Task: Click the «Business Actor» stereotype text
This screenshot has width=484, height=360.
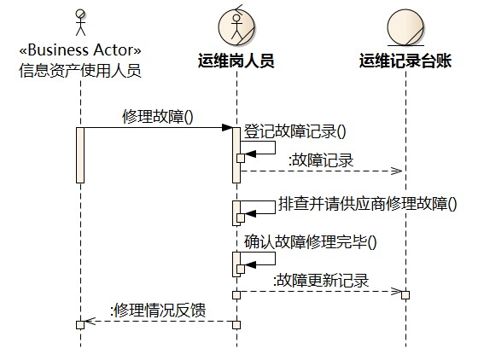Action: (x=80, y=50)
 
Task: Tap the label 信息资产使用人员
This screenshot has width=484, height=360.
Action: (x=80, y=70)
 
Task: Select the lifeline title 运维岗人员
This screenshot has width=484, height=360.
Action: (x=236, y=61)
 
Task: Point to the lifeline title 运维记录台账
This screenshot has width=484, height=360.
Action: (x=405, y=61)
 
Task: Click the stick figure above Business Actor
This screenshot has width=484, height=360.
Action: (x=80, y=22)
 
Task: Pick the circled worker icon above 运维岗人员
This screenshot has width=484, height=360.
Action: (x=236, y=26)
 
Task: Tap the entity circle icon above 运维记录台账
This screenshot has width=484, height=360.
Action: (x=405, y=28)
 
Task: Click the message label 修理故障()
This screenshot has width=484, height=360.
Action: (x=158, y=117)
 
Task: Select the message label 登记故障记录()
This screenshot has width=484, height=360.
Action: (x=295, y=131)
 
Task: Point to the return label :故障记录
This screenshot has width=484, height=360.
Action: (x=321, y=160)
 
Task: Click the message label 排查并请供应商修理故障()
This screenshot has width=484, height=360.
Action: (x=368, y=204)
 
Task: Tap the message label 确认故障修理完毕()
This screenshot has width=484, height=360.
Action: (x=311, y=242)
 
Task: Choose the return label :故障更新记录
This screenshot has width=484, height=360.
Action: (x=321, y=281)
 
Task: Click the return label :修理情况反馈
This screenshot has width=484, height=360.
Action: (x=158, y=311)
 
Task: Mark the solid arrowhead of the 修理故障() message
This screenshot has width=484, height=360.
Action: (x=227, y=127)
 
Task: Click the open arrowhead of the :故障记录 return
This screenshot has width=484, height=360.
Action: (x=397, y=171)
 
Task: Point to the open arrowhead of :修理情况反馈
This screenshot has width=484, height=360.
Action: (x=90, y=321)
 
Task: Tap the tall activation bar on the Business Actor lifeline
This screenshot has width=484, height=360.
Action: (x=80, y=155)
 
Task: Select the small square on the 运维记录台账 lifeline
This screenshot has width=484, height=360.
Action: (x=405, y=295)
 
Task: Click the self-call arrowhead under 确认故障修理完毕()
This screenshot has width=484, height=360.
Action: (x=250, y=264)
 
